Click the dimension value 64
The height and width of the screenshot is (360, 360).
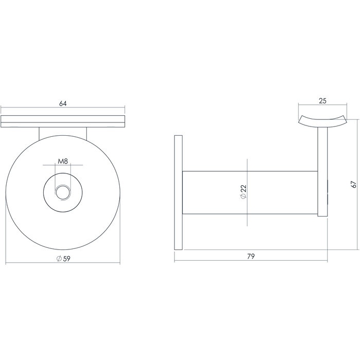pos(63,103)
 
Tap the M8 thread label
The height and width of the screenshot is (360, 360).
pos(63,161)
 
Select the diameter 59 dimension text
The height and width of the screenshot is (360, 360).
pos(63,258)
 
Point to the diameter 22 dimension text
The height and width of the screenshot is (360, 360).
pos(244,192)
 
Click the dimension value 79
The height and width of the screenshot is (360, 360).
pos(251,256)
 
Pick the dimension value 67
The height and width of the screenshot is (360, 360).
pos(353,185)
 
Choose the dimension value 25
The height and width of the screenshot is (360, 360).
pos(322,101)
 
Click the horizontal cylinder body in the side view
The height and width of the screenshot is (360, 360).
pos(216,193)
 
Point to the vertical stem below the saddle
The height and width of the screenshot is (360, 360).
pos(322,170)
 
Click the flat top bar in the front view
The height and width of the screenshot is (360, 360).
pos(63,121)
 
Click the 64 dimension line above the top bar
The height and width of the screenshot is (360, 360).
pos(31,107)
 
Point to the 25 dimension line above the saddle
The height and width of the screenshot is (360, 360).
pos(309,105)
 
